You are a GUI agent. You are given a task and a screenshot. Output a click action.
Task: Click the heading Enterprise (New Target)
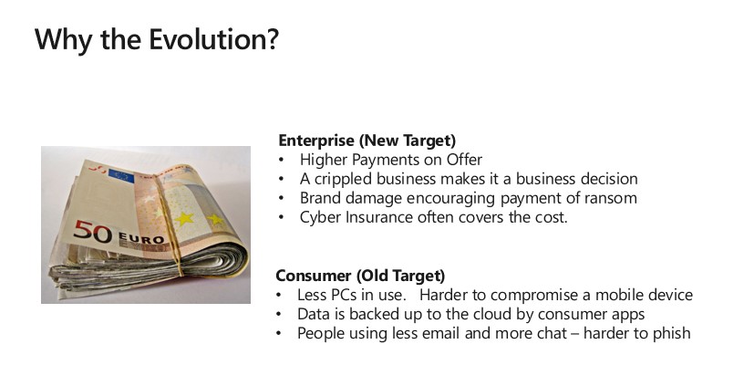pyautogui.click(x=367, y=141)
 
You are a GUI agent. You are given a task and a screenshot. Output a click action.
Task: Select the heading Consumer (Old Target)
pyautogui.click(x=360, y=276)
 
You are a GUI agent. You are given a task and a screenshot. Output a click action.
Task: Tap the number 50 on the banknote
pyautogui.click(x=92, y=232)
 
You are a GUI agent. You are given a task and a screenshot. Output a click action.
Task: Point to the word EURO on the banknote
pyautogui.click(x=141, y=238)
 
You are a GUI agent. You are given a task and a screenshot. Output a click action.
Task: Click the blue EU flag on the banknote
pyautogui.click(x=121, y=176)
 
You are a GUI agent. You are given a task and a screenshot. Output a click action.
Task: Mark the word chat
pyautogui.click(x=552, y=333)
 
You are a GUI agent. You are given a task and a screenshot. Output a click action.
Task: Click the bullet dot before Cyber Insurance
pyautogui.click(x=282, y=217)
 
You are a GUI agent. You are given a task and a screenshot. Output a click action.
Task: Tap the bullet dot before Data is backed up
pyautogui.click(x=278, y=314)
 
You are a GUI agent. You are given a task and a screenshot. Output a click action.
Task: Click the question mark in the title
pyautogui.click(x=273, y=39)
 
